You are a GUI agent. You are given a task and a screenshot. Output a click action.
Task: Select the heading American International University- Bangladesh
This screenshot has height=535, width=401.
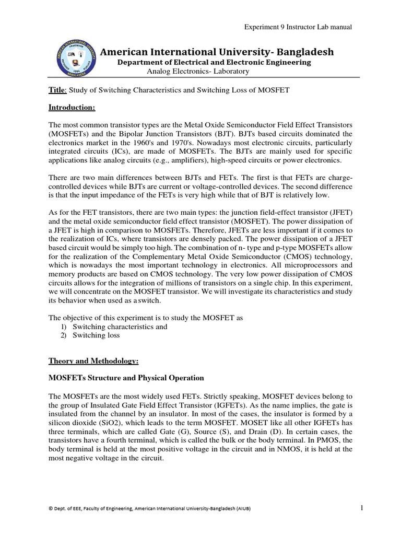click(x=217, y=52)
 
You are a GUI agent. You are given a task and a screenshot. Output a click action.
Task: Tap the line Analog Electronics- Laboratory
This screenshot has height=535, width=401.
click(x=191, y=71)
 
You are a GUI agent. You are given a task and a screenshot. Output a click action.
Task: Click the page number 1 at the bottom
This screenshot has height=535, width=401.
click(x=361, y=507)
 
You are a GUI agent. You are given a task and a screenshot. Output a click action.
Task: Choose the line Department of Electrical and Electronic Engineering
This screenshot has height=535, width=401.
click(x=214, y=62)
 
